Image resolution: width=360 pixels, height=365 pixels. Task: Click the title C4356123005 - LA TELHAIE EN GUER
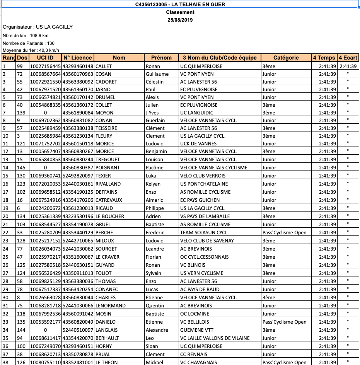tap(180, 5)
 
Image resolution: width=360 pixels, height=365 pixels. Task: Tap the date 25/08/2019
tap(180, 20)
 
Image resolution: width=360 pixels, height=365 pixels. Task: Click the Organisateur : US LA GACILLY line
tap(38, 27)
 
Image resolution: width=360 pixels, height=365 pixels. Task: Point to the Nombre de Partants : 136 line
tap(29, 43)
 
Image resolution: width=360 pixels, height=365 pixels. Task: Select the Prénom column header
tap(161, 58)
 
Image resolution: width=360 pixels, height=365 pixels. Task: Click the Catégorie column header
tap(286, 58)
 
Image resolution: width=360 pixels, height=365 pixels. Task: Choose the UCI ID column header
tap(45, 58)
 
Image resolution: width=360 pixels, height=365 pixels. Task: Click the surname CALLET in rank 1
tap(104, 66)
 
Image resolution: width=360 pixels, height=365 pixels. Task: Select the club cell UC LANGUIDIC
tap(196, 113)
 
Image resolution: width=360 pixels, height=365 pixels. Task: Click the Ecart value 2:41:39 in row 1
tap(348, 66)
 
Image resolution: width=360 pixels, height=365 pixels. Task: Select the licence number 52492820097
tap(78, 176)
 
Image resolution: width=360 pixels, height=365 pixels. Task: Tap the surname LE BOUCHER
tap(110, 216)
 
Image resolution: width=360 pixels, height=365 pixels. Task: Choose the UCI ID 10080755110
tap(45, 362)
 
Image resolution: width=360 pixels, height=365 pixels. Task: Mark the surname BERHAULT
tap(107, 338)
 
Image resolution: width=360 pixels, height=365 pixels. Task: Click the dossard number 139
tap(21, 113)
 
